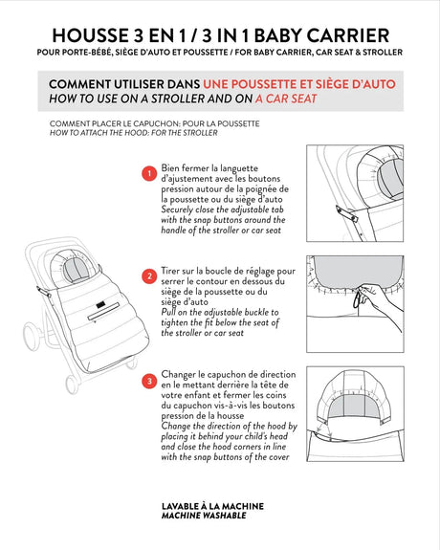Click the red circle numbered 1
pyautogui.click(x=148, y=174)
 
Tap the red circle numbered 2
pyautogui.click(x=148, y=276)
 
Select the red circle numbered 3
pyautogui.click(x=148, y=383)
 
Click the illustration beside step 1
pyautogui.click(x=359, y=191)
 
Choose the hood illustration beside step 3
pyautogui.click(x=359, y=402)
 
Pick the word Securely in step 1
pyautogui.click(x=181, y=214)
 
